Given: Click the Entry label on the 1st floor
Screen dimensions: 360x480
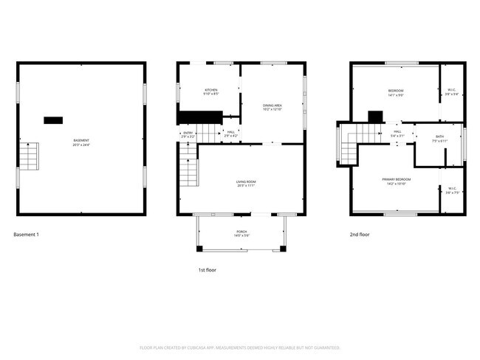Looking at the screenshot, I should [x=187, y=134].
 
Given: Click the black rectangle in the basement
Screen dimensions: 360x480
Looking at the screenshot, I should [x=53, y=120].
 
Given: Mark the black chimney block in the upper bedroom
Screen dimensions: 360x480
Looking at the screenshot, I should [x=376, y=116].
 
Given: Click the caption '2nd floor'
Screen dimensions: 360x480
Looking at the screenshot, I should [x=360, y=235].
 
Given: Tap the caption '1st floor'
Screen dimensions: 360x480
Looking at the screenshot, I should [x=208, y=270].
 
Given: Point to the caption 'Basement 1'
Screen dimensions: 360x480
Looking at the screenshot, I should [x=26, y=235].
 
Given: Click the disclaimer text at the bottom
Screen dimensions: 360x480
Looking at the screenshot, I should [x=239, y=347].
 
